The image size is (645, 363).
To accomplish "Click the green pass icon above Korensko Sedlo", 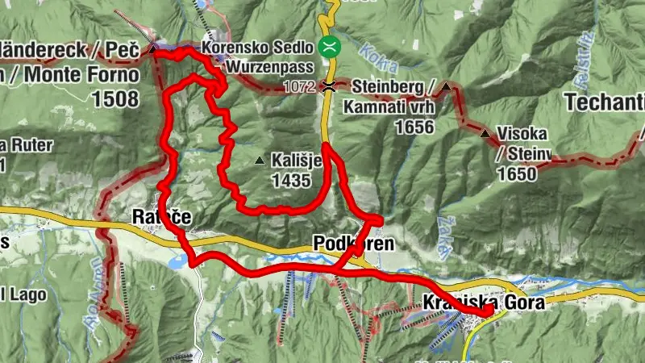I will (x=328, y=46).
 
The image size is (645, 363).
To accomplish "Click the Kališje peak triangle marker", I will (x=259, y=161).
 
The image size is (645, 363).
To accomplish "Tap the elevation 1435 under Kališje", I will (x=290, y=181).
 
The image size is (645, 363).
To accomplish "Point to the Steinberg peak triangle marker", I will (x=446, y=86).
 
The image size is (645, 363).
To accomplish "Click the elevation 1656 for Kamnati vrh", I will (x=414, y=127).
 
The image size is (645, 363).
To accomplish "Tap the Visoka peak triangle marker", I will (x=485, y=133).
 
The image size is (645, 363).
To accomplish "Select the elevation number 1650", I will (x=518, y=173).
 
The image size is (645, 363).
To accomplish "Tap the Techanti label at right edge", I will (x=605, y=102).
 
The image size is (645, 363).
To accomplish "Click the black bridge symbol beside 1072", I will (x=328, y=86).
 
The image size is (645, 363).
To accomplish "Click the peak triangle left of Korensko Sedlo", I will (x=153, y=49).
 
